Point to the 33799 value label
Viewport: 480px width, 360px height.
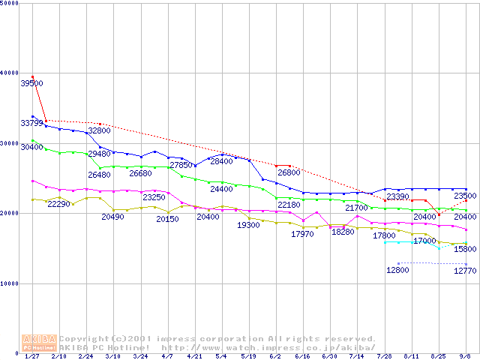[31, 123]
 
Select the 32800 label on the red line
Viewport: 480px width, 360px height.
[100, 130]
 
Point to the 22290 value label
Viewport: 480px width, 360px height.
[59, 204]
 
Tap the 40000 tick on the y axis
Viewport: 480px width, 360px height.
[10, 73]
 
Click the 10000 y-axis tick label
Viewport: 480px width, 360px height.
[10, 283]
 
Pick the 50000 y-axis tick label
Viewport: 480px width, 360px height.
[10, 4]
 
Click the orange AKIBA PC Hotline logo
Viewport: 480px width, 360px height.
[40, 343]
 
